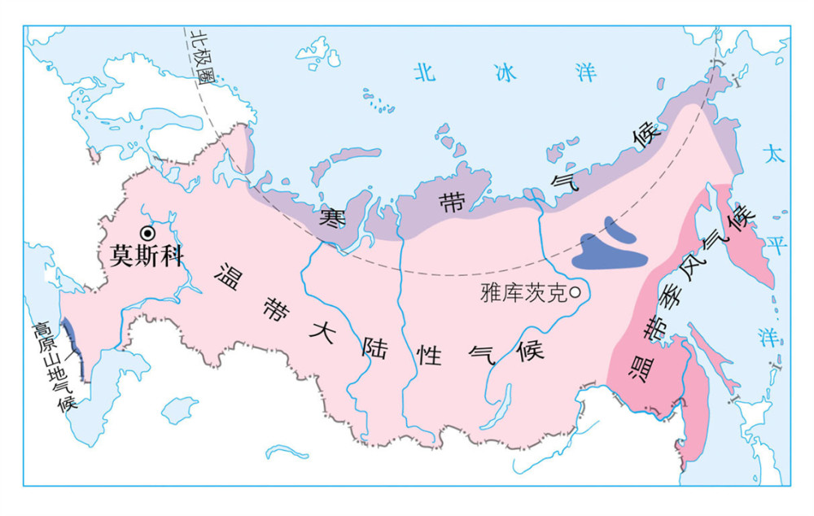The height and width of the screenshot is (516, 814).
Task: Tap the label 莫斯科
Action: coord(144,256)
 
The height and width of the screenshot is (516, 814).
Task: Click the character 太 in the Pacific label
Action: coord(772,154)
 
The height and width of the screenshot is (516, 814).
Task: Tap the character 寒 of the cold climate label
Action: coord(330,217)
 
